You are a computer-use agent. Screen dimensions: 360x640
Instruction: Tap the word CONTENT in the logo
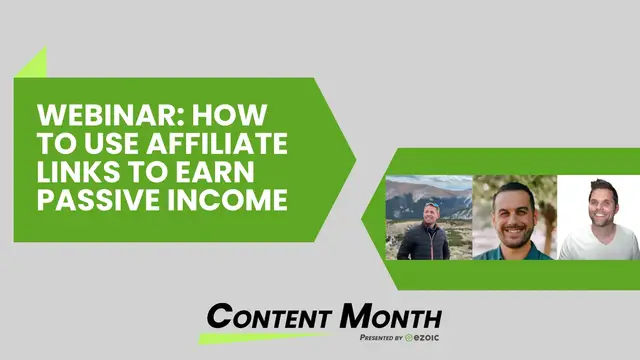pos(271,318)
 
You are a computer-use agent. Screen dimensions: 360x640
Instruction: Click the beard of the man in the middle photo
pos(514,228)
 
